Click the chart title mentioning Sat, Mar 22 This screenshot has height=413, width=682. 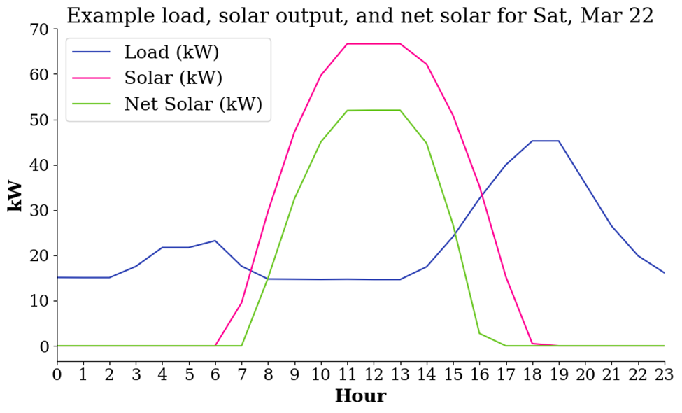point(360,15)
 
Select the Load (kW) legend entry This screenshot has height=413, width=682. point(171,52)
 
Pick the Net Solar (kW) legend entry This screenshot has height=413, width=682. point(192,104)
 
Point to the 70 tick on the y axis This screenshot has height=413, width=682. point(38,29)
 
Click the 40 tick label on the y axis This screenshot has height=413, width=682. point(38,165)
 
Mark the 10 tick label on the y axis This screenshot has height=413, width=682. point(38,301)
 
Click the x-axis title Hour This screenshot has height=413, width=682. point(360,396)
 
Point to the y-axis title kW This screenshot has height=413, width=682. point(15,196)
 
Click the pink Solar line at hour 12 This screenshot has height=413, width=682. point(374,43)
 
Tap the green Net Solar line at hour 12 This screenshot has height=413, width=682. point(374,110)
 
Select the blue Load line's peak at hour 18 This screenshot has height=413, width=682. point(532,141)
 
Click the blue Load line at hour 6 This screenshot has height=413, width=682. point(215,241)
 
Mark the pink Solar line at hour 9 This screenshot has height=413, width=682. point(294,132)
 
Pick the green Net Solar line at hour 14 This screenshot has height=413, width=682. point(427,143)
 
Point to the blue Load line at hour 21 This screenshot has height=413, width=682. point(611,225)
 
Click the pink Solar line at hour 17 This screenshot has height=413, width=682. point(506,277)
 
